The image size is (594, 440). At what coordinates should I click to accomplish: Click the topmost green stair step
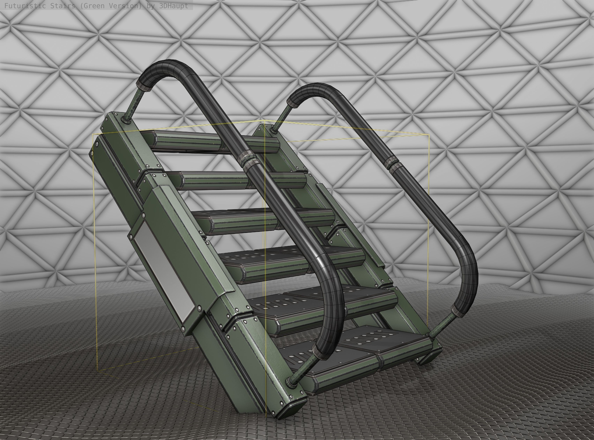[186, 141]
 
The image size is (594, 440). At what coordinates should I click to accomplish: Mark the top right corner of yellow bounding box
[429, 135]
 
